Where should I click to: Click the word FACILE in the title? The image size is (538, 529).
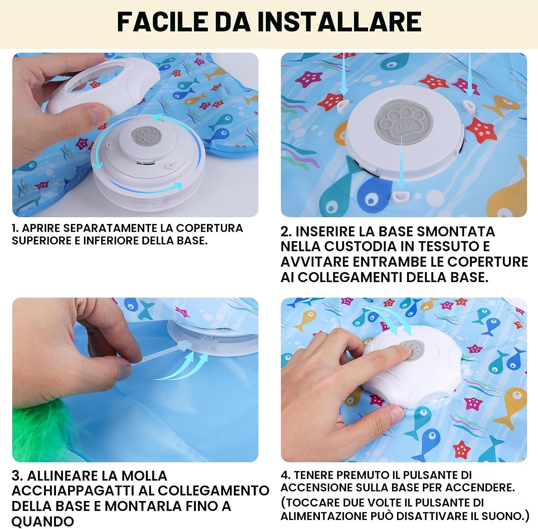(x=162, y=22)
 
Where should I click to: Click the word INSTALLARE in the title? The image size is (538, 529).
(x=339, y=22)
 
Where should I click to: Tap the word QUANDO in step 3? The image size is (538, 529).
(x=43, y=521)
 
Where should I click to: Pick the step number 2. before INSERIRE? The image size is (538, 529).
(x=286, y=231)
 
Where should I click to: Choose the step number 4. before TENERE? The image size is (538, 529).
(x=285, y=475)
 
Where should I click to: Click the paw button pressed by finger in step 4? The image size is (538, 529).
(x=411, y=348)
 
